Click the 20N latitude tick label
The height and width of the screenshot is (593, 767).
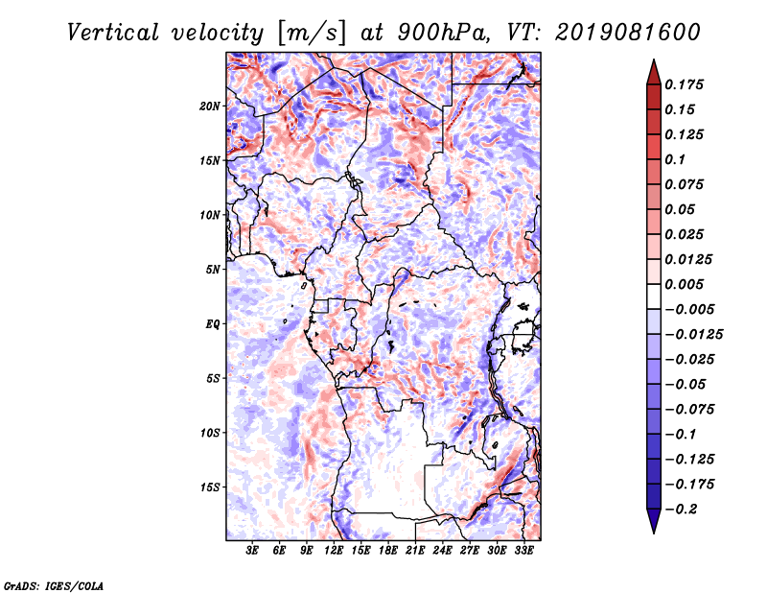click(x=210, y=107)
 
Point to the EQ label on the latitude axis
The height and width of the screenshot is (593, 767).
click(x=213, y=324)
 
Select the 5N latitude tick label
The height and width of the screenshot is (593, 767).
click(x=213, y=270)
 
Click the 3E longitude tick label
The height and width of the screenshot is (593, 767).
click(x=252, y=551)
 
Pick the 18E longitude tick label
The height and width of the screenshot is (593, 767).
click(x=388, y=551)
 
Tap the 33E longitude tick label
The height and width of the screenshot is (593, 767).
click(x=523, y=551)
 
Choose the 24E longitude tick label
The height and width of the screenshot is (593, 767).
click(x=442, y=551)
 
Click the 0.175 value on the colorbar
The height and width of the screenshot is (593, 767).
click(x=684, y=84)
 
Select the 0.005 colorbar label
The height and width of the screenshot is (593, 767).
click(x=684, y=284)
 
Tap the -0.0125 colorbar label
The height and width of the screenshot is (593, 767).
click(x=693, y=335)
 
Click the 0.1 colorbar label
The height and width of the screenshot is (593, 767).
click(x=675, y=159)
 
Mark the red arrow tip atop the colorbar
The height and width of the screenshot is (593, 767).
click(x=654, y=59)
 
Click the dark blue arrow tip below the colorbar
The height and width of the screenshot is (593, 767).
click(x=654, y=533)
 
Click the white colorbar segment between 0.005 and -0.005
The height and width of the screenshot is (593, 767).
click(x=654, y=296)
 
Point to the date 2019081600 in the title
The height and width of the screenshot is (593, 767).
click(x=628, y=33)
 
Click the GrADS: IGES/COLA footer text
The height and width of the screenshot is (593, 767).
click(x=54, y=585)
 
